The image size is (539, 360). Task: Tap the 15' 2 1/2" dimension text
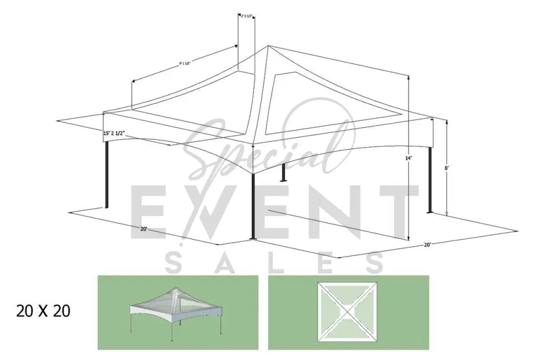tap(117, 133)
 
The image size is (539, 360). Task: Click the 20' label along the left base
tap(144, 229)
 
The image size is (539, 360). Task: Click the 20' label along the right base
tap(427, 244)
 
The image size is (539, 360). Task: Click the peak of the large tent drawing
tap(268, 46)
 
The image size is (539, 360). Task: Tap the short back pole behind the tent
tap(282, 171)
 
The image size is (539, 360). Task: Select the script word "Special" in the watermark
tap(264, 146)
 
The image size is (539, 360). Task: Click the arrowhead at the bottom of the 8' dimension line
tap(447, 214)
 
